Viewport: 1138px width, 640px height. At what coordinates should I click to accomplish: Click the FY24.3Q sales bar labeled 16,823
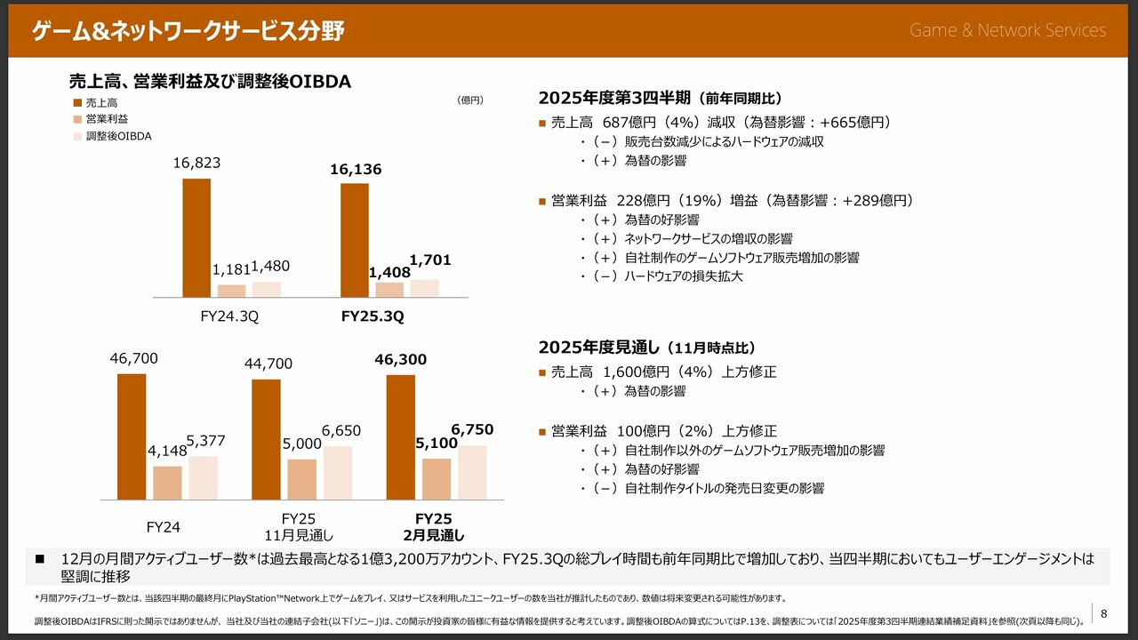coord(196,237)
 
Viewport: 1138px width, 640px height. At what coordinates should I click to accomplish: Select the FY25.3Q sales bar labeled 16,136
coord(354,240)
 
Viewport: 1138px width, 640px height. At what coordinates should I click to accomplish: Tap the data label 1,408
coord(389,273)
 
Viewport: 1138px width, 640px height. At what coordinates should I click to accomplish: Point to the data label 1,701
coord(430,260)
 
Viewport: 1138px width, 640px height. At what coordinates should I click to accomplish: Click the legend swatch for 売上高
coord(77,103)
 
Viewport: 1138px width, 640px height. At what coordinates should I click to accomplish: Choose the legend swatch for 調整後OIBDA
coord(77,137)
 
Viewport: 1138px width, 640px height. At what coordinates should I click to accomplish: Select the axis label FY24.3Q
coord(228,316)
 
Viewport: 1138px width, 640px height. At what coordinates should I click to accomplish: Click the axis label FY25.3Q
coord(373,316)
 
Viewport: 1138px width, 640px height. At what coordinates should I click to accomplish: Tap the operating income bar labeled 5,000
coord(301,479)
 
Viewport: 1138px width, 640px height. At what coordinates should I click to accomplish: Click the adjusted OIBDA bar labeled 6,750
coord(472,472)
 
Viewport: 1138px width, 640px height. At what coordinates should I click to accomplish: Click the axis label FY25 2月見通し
coord(434,526)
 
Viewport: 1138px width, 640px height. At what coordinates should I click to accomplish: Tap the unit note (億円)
coord(469,100)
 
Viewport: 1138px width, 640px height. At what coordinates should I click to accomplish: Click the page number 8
coord(1103,613)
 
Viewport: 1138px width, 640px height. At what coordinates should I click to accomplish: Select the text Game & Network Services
coord(1007,30)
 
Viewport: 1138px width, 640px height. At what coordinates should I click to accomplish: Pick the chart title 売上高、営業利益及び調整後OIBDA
coord(210,82)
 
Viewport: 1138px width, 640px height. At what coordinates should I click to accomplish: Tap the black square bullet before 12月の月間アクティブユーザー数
coord(39,559)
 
